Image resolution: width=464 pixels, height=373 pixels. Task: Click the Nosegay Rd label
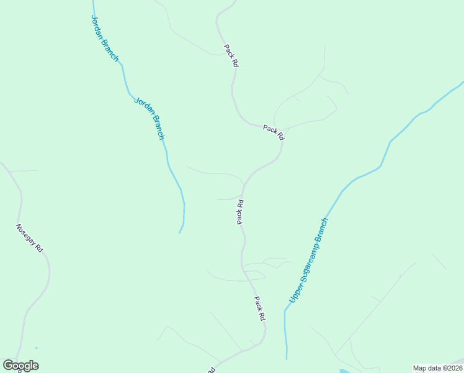point(30,237)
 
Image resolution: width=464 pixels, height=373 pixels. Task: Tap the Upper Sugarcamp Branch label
point(307,262)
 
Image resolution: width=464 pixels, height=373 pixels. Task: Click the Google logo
point(20,366)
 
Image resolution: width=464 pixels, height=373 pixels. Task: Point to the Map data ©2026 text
point(437,368)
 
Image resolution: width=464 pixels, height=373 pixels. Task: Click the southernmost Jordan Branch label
point(149,117)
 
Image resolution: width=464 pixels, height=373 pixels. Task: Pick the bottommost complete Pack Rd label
point(259,308)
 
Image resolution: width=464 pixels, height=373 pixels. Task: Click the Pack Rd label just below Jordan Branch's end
point(240,211)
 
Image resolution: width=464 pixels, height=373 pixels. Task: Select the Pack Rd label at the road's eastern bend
point(273,132)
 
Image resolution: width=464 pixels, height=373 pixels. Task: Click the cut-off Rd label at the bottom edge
point(211,370)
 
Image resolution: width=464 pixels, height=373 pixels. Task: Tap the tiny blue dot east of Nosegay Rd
point(36,348)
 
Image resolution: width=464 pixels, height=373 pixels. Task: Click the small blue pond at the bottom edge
point(345,371)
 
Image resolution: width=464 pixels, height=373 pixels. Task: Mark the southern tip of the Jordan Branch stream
point(180,233)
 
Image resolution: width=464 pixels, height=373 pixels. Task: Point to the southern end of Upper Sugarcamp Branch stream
point(287,358)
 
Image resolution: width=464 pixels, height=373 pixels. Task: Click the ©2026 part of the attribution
point(452,368)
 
